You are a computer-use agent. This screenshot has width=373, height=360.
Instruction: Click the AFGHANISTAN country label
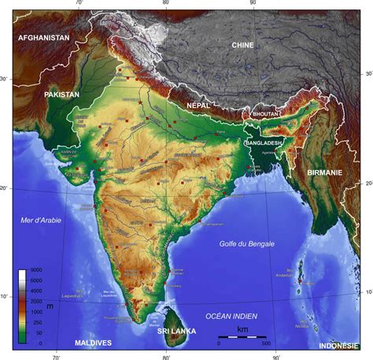tap(44, 37)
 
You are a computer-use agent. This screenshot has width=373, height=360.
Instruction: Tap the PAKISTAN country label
tap(62, 95)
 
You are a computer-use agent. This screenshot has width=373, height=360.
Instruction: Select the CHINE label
tap(242, 46)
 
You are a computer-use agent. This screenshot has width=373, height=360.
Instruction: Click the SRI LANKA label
tap(176, 331)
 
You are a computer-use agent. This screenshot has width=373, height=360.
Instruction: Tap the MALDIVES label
tap(93, 343)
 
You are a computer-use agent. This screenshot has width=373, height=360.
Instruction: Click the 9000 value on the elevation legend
tap(36, 271)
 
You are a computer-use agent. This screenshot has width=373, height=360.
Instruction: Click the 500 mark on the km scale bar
tap(266, 344)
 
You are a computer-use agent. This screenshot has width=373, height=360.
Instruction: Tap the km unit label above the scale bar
tap(243, 328)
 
